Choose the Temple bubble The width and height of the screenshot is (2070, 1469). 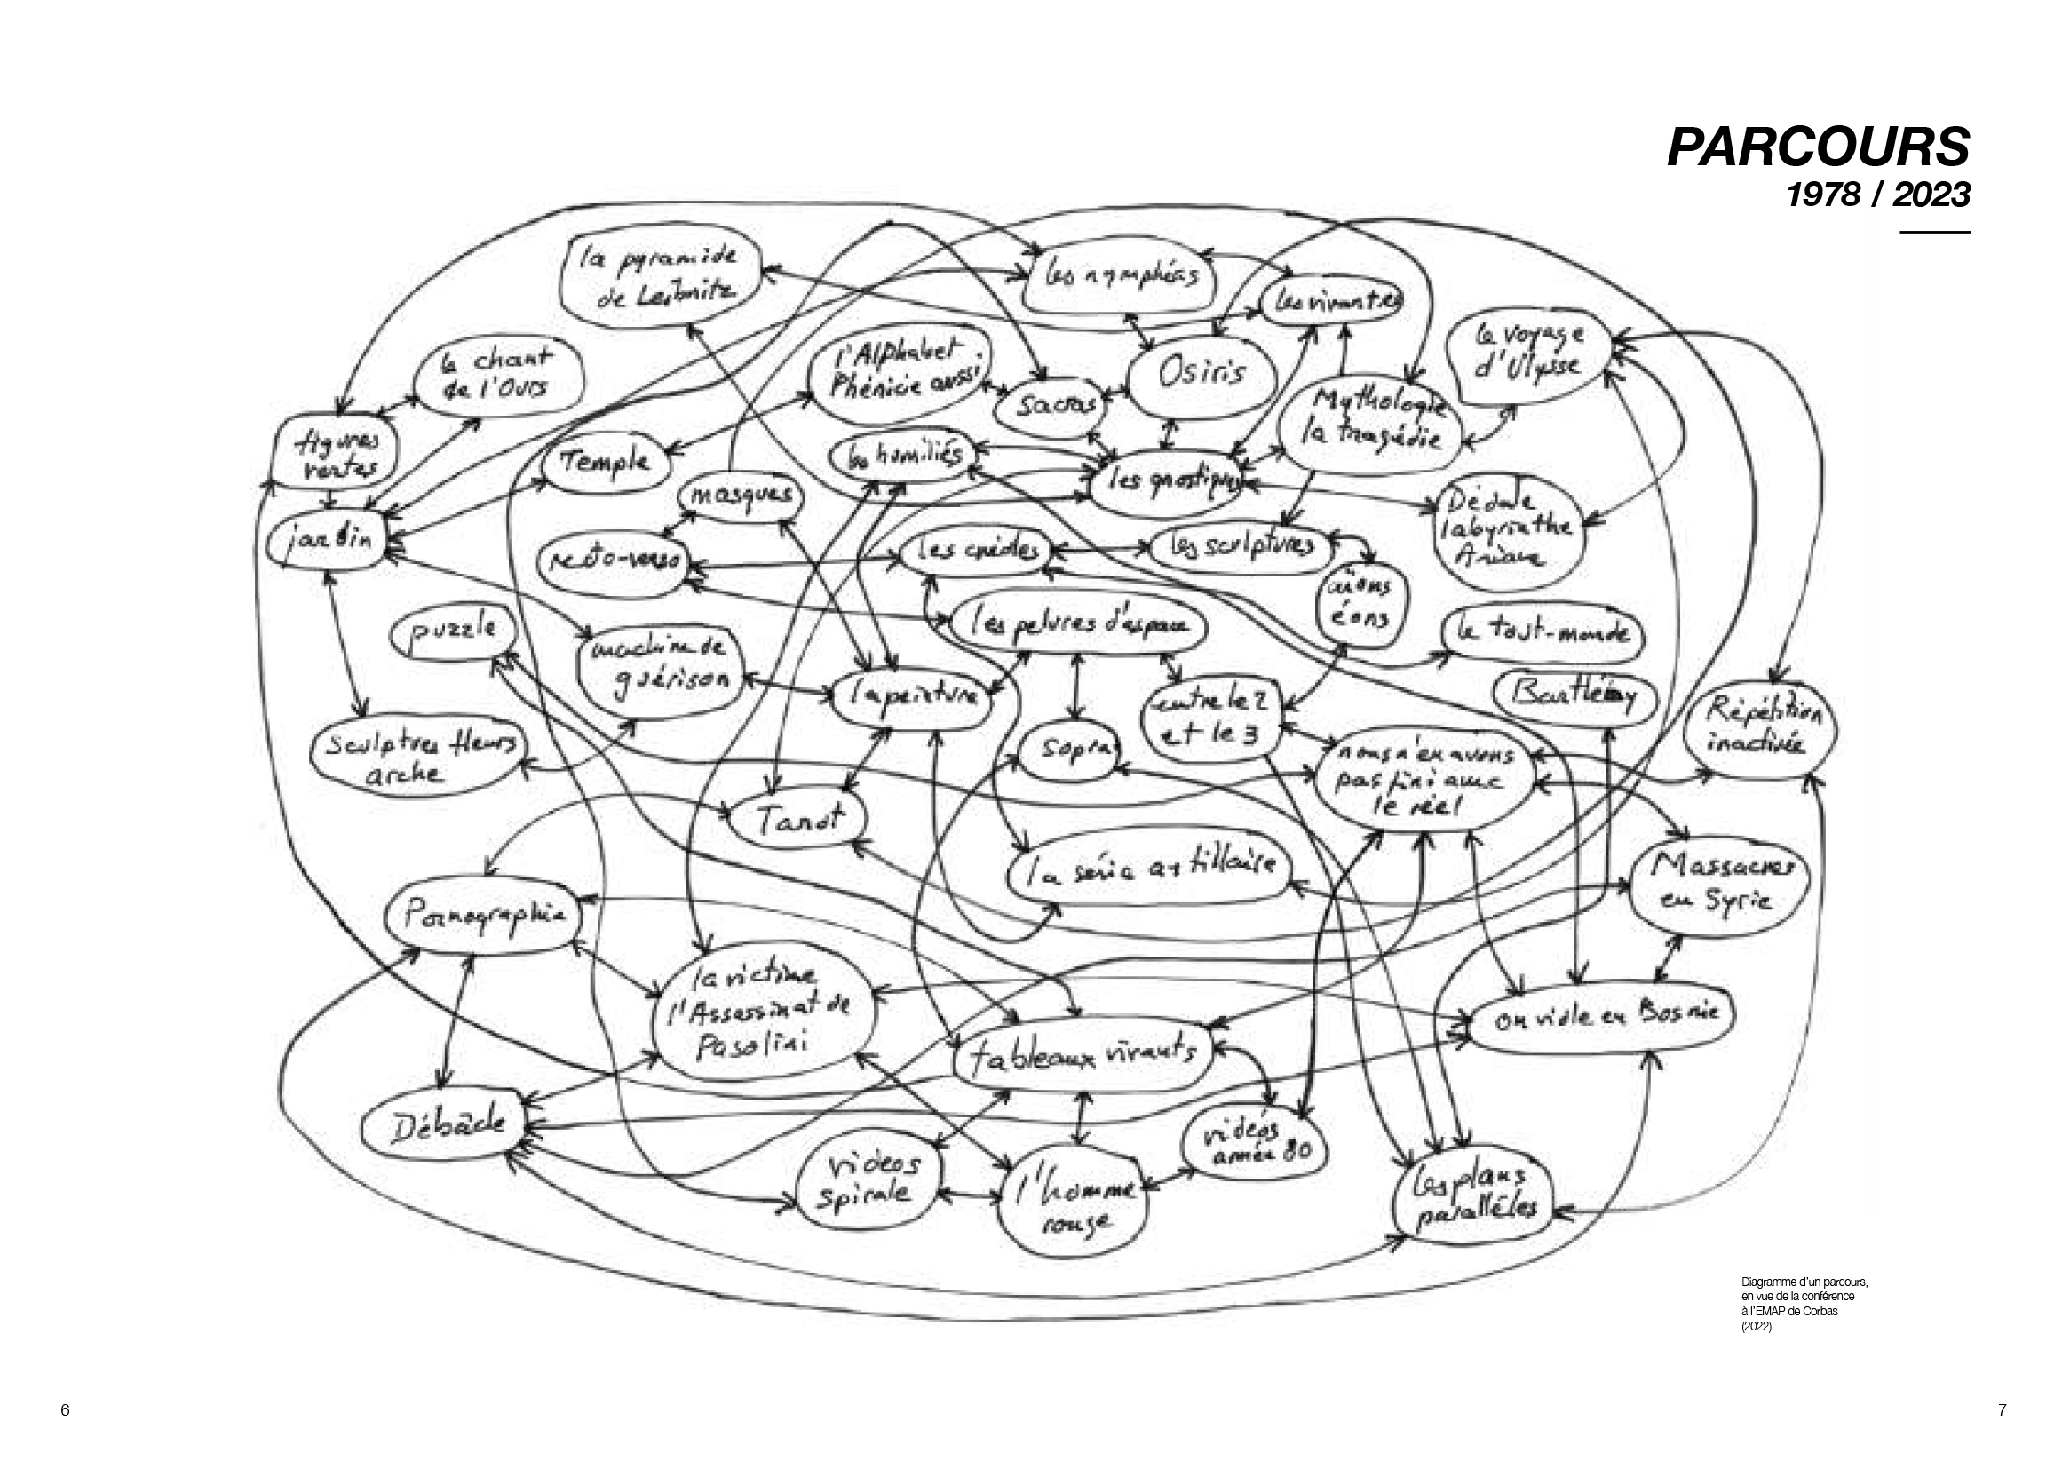605,462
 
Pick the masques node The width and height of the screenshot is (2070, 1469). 741,496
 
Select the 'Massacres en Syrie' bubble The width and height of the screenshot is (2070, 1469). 1721,883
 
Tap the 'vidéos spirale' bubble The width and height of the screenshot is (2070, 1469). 867,1181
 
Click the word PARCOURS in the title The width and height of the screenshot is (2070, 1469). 1818,147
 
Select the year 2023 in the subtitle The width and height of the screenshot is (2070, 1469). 1931,195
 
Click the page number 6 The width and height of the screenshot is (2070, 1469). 65,1409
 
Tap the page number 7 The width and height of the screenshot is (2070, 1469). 2002,1409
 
